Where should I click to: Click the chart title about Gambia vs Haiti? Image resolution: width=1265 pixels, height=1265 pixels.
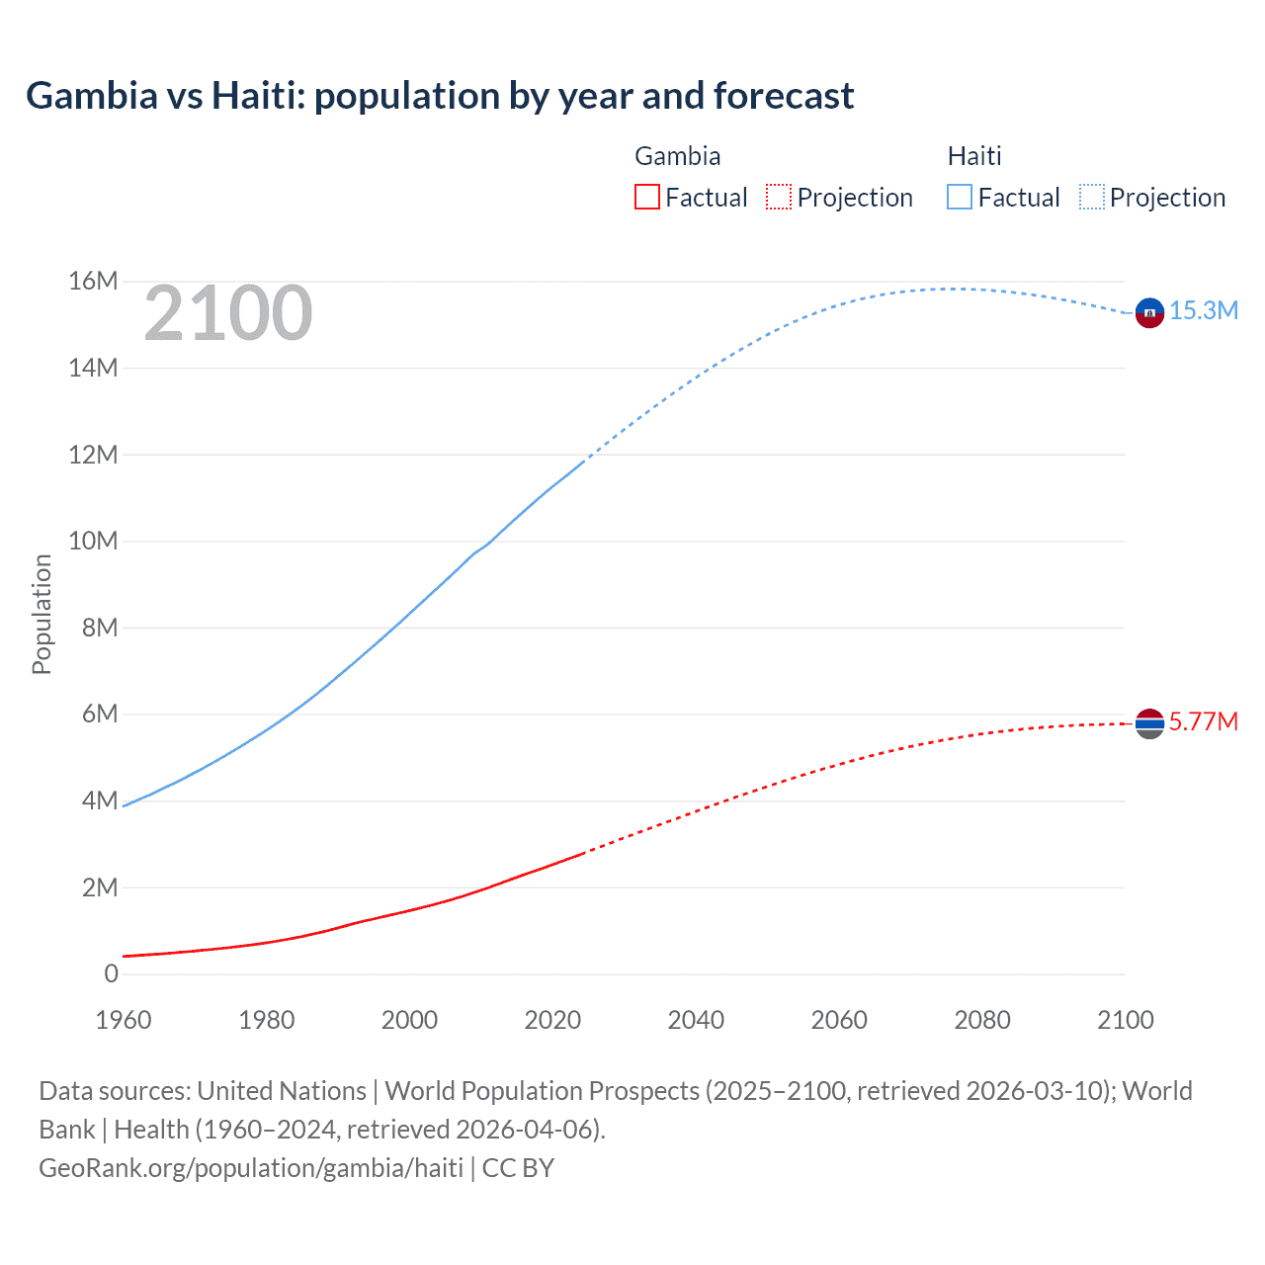440,96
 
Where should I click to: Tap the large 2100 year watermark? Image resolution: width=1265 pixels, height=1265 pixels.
228,313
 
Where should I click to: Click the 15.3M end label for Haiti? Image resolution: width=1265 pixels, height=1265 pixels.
1204,310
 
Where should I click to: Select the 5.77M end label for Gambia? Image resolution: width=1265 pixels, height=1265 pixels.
1203,721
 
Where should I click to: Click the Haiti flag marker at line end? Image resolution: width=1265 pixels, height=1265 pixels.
1149,313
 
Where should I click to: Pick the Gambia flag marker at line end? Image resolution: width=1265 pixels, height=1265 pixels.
1149,724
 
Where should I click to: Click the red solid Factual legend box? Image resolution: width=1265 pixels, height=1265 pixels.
647,197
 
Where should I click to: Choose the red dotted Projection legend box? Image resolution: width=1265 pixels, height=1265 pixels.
779,197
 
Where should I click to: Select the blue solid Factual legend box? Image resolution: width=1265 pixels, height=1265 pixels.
960,197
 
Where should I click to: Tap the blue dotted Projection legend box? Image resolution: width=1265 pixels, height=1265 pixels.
1092,197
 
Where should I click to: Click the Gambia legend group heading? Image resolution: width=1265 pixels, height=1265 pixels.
677,156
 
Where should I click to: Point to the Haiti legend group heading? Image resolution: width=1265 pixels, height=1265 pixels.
974,156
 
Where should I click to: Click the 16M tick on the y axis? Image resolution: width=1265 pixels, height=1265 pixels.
93,282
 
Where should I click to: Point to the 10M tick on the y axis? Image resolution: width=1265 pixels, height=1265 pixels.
93,542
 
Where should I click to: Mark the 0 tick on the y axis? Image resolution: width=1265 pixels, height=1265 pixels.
111,974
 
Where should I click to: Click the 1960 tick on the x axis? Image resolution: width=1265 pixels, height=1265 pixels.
124,1020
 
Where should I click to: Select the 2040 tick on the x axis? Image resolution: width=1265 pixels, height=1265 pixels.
696,1020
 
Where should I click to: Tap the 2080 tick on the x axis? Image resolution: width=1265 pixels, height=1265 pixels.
982,1020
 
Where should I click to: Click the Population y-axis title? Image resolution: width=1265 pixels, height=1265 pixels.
42,614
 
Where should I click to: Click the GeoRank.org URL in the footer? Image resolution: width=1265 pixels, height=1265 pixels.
251,1168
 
